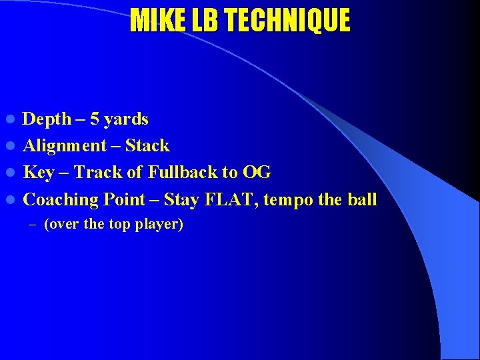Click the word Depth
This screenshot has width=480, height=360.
coord(47,119)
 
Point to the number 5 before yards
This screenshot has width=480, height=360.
coord(95,119)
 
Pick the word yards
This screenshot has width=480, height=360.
coord(127,120)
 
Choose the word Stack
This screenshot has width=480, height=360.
coord(147,146)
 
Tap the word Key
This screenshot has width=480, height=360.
coord(39,173)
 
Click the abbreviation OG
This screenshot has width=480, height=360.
coord(257,173)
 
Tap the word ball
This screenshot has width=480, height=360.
coord(363,199)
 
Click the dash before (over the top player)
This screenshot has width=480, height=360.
coord(34,225)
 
